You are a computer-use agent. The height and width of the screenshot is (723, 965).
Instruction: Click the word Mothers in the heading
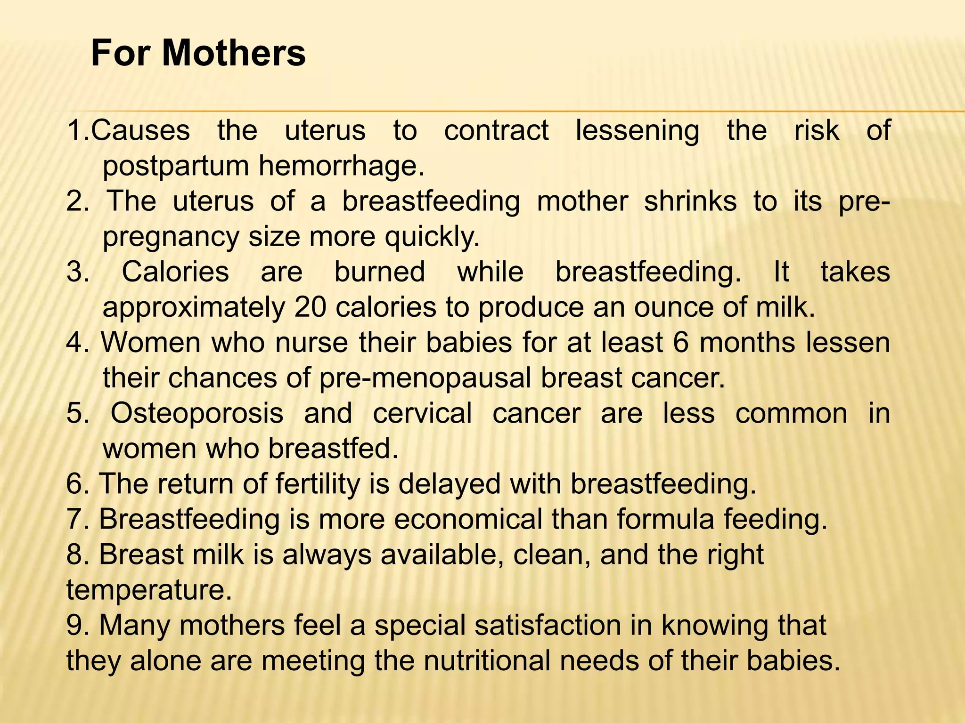coord(234,53)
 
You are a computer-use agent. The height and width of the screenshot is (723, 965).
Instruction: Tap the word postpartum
coord(177,167)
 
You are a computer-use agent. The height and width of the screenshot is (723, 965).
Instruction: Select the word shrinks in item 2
coord(690,201)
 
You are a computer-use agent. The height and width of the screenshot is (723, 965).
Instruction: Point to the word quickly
coord(432,237)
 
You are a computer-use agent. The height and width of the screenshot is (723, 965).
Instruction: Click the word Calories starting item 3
coord(175,272)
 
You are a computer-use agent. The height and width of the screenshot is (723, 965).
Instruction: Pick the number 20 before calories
coord(311,307)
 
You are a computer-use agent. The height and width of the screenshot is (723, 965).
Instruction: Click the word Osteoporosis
coord(197,413)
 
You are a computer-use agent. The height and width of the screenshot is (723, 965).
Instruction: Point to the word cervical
coord(422,413)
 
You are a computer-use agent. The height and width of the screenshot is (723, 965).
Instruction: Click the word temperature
coord(149,590)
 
